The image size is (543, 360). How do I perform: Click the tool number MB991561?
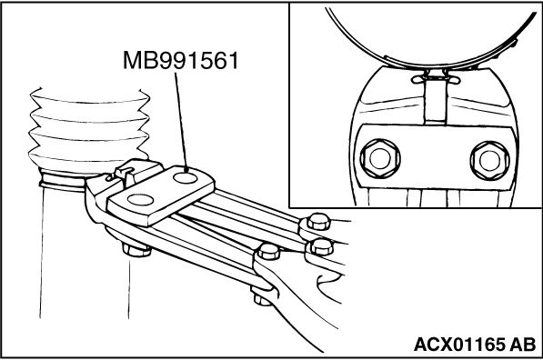[x=181, y=61]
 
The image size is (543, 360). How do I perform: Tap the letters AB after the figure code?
[x=523, y=345]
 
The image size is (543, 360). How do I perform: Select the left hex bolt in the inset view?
[x=380, y=158]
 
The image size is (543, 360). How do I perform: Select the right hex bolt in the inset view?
[x=489, y=160]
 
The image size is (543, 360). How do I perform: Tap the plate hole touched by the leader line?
[x=186, y=178]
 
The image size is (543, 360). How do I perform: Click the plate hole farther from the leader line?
[x=140, y=200]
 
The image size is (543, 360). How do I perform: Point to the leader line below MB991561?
[x=181, y=122]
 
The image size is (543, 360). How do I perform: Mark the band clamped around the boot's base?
[x=63, y=181]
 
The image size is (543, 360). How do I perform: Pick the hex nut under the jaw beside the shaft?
[x=136, y=251]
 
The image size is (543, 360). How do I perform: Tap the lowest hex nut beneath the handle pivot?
[x=262, y=298]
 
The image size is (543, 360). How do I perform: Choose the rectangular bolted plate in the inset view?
[x=436, y=156]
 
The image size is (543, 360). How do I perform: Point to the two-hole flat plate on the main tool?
[x=161, y=195]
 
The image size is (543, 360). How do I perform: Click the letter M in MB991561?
[x=132, y=61]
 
